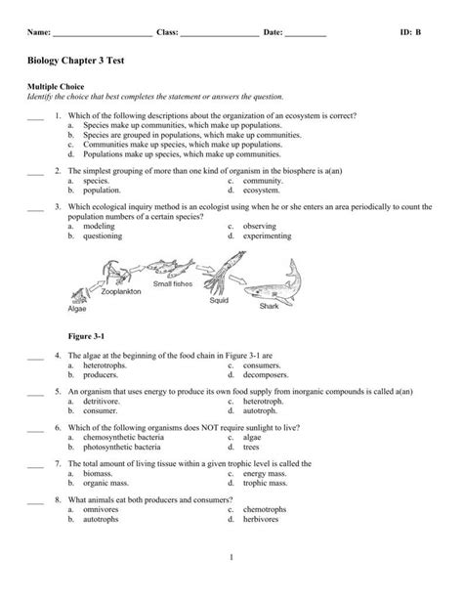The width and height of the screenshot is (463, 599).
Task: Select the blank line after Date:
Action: [x=306, y=34]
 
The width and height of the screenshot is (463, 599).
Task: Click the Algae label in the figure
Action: [x=77, y=309]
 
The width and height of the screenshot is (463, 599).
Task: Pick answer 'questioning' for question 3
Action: [x=103, y=235]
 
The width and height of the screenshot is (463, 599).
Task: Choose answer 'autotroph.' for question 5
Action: [x=260, y=411]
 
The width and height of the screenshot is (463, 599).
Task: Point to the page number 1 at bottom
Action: [x=231, y=584]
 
